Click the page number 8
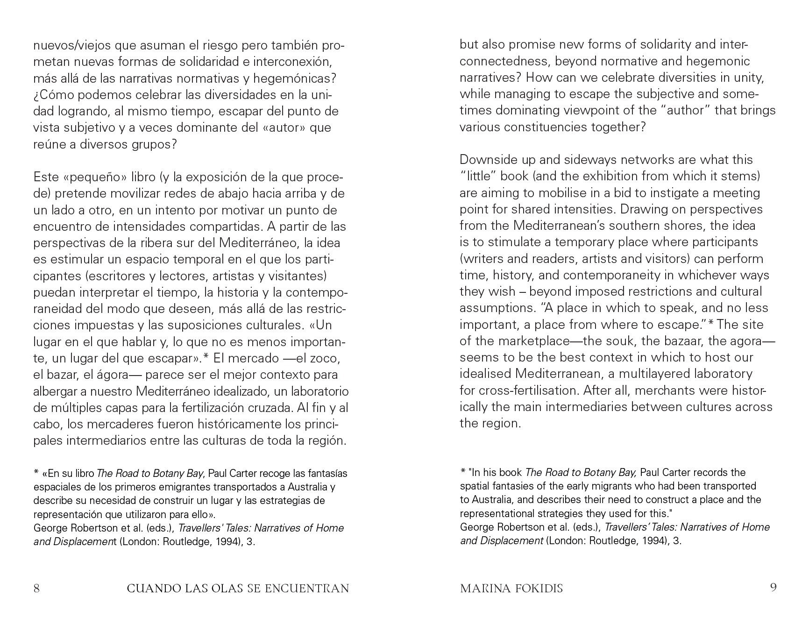[x=36, y=588]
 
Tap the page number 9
[x=773, y=588]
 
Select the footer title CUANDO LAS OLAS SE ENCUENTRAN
[x=238, y=588]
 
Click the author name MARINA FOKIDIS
[x=511, y=588]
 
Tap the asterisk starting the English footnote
[x=463, y=472]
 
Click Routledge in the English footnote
[x=613, y=541]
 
